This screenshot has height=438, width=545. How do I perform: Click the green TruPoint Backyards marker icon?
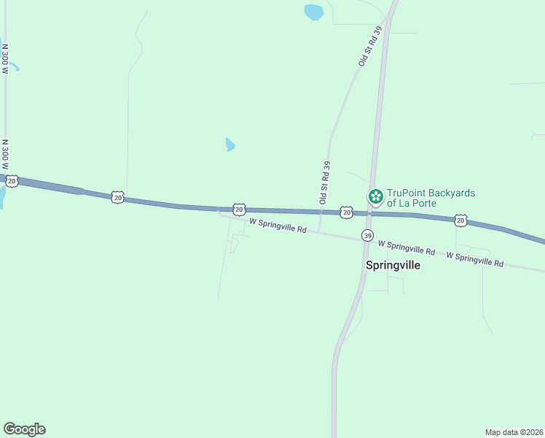(375, 195)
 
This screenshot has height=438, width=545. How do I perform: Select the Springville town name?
(393, 266)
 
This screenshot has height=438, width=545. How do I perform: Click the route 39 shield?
(368, 236)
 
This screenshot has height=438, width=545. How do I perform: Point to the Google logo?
(24, 429)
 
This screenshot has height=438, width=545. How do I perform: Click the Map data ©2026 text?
(514, 431)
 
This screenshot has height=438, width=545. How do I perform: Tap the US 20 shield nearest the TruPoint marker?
(347, 212)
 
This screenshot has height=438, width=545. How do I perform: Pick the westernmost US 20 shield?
(12, 179)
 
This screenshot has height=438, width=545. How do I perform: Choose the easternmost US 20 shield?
(460, 219)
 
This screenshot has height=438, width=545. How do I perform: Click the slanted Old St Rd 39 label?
(370, 47)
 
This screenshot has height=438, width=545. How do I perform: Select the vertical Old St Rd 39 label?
(325, 182)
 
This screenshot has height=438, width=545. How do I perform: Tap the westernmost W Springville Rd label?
(278, 226)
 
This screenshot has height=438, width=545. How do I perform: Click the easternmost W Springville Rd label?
(474, 258)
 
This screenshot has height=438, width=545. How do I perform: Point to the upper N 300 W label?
(5, 59)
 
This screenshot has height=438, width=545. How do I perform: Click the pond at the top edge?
(313, 12)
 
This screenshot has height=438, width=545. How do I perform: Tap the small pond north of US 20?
(230, 145)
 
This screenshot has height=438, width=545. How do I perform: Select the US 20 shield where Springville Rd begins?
(239, 209)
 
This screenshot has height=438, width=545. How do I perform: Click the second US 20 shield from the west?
(117, 196)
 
